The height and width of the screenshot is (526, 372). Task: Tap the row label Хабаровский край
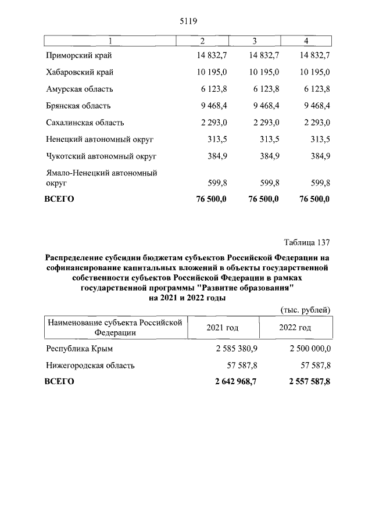pyautogui.click(x=80, y=73)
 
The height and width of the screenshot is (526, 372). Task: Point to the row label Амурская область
pyautogui.click(x=80, y=90)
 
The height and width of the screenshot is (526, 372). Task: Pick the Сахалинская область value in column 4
pyautogui.click(x=314, y=123)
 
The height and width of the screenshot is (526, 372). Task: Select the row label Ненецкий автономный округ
pyautogui.click(x=102, y=140)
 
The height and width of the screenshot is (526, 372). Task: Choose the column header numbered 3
pyautogui.click(x=255, y=41)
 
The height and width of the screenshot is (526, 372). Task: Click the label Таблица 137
pyautogui.click(x=307, y=242)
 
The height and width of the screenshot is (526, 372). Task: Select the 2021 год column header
pyautogui.click(x=222, y=328)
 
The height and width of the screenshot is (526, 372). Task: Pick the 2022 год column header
pyautogui.click(x=295, y=328)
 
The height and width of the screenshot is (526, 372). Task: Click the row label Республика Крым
pyautogui.click(x=79, y=349)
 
